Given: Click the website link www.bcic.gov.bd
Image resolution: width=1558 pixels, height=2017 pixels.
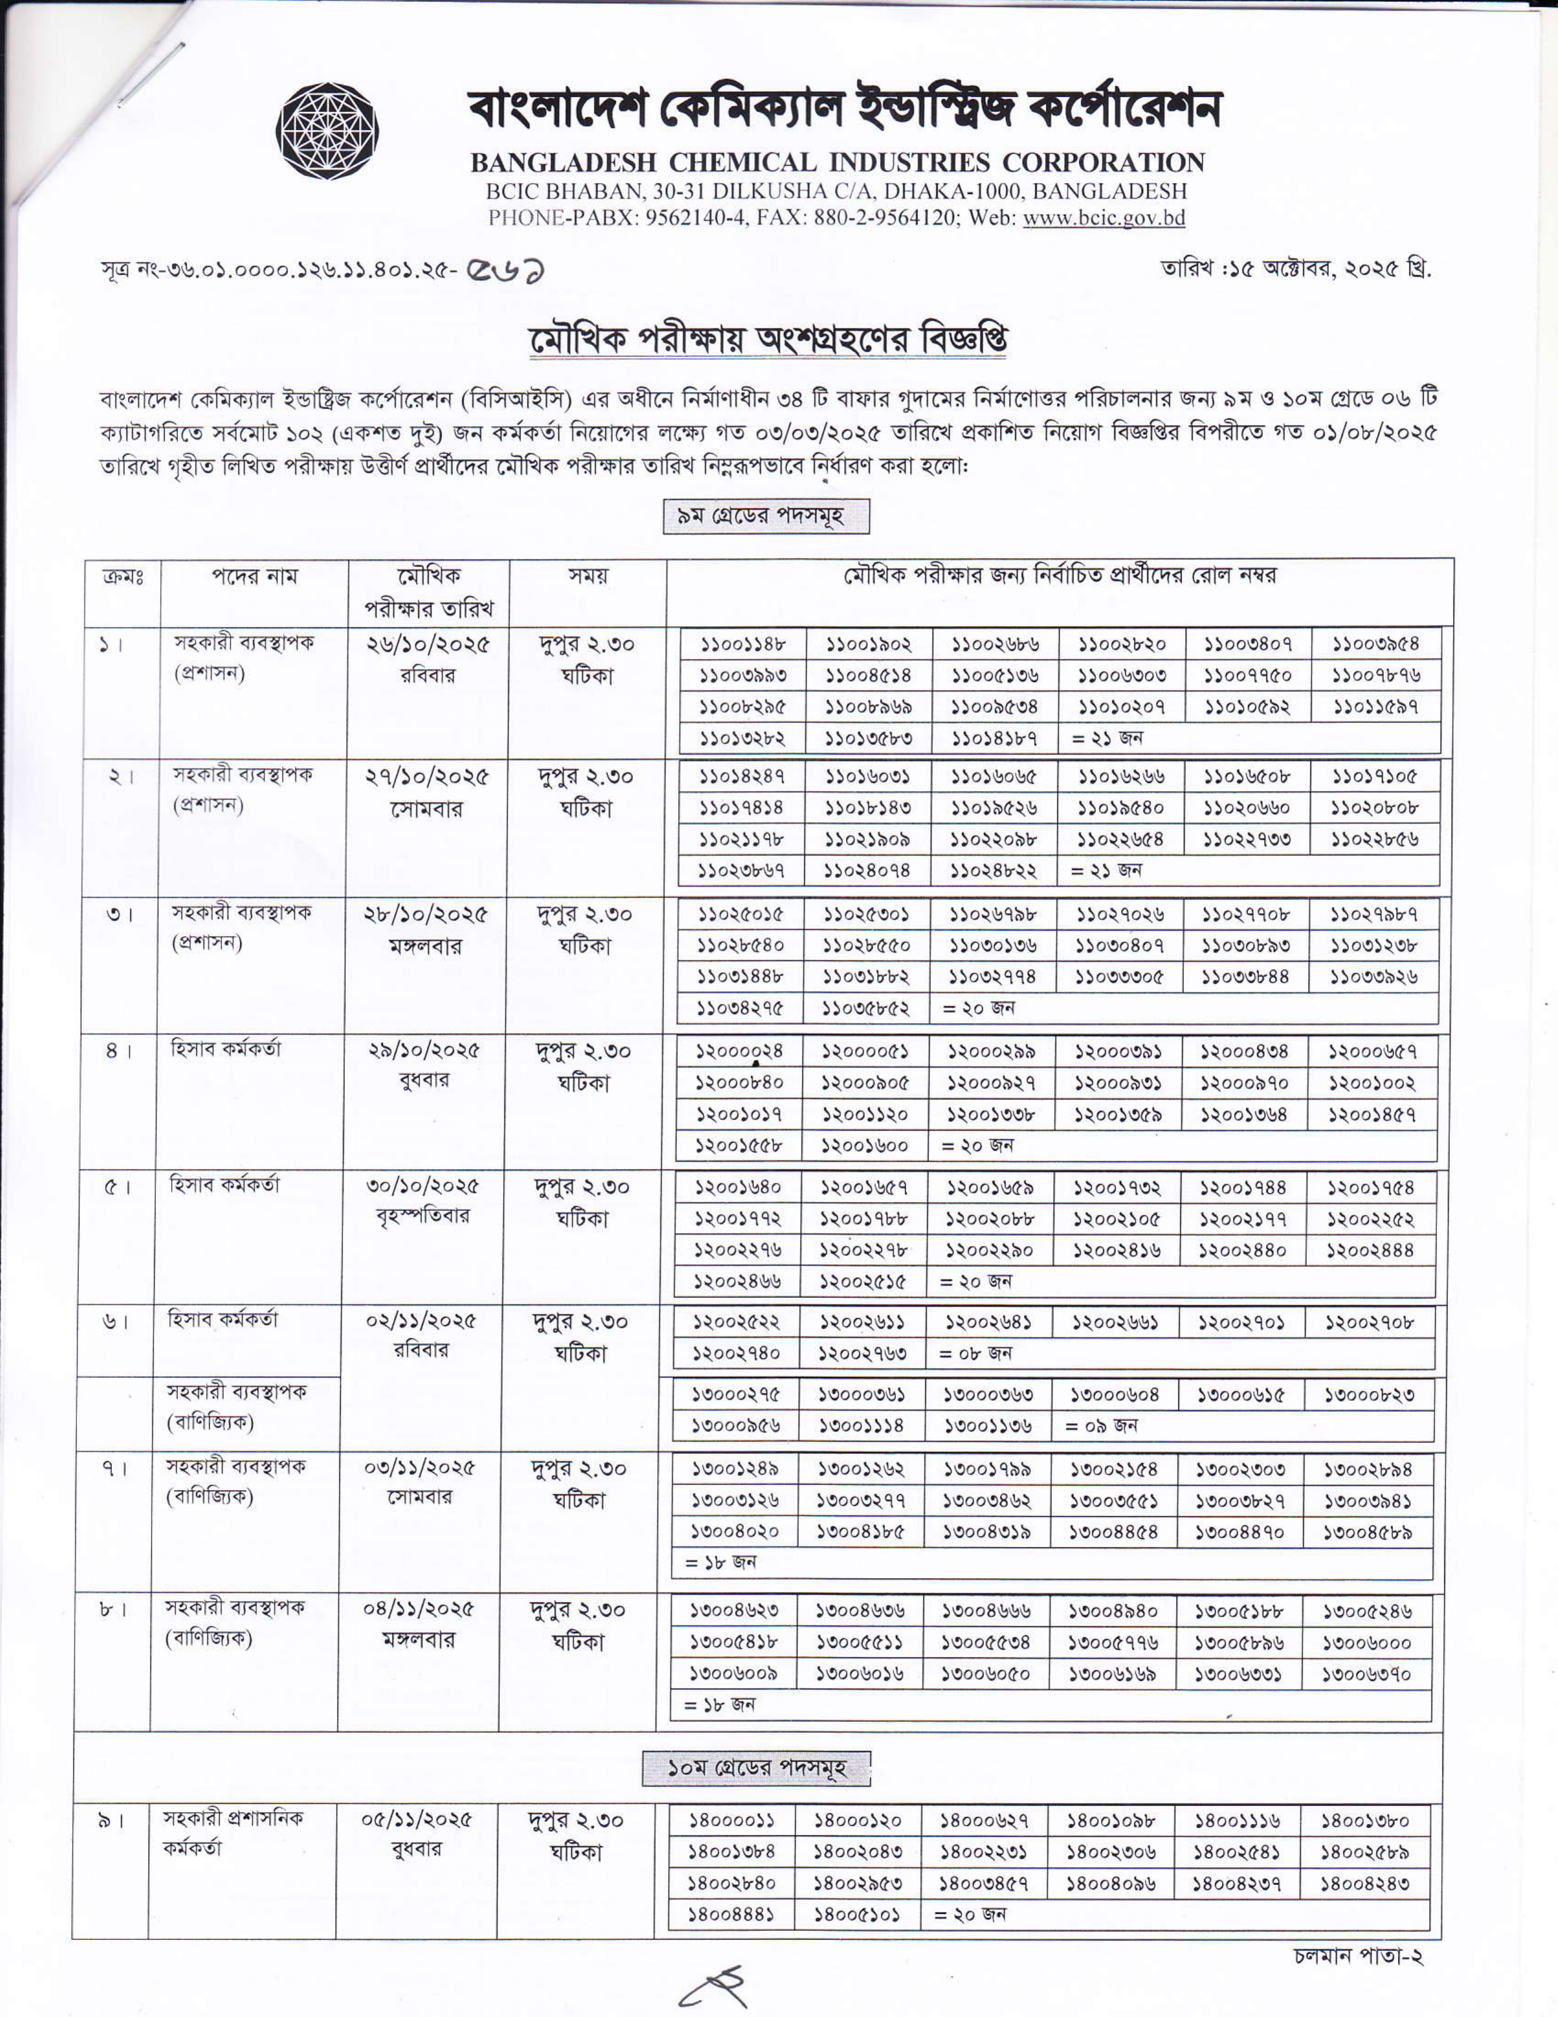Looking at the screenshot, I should click(1104, 219).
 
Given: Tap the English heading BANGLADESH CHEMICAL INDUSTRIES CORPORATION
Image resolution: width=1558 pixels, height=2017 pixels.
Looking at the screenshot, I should click(837, 163).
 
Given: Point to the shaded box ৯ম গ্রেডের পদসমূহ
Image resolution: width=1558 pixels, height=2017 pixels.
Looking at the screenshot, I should click(766, 516).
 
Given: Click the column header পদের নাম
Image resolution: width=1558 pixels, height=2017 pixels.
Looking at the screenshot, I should click(255, 577).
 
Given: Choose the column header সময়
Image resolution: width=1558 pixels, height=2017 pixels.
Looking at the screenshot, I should click(587, 577).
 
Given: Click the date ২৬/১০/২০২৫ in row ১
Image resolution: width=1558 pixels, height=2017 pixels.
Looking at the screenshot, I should click(428, 644).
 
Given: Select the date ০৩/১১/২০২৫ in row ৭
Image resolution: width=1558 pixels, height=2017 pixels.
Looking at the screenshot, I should click(419, 1467).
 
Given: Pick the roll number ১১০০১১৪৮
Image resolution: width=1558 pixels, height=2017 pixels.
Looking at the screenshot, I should click(743, 644).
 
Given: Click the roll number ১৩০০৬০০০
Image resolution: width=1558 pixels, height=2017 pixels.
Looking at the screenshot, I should click(1367, 1643).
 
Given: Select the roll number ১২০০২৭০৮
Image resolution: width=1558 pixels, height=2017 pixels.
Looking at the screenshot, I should click(1370, 1322).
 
